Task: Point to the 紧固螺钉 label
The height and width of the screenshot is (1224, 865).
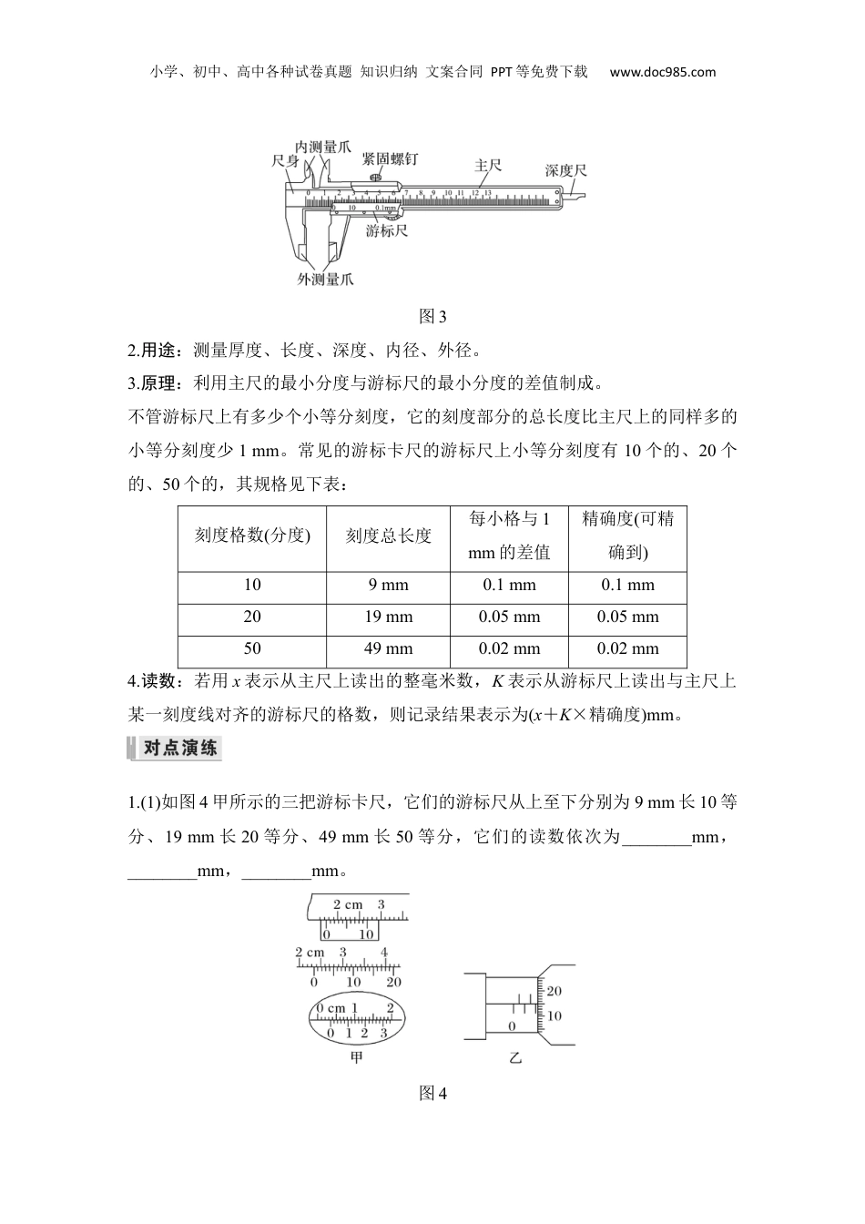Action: [390, 158]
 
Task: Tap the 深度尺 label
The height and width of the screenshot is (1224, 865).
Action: [565, 170]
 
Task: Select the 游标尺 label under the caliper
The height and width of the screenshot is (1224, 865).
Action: [387, 230]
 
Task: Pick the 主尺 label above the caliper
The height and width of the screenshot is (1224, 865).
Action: [488, 166]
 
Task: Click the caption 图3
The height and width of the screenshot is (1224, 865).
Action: [432, 316]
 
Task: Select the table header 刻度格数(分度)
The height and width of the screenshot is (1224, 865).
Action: [252, 535]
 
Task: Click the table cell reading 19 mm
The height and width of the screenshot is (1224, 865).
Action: [389, 617]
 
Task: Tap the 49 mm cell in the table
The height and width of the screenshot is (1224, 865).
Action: [389, 648]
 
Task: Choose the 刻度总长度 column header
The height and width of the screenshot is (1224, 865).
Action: [389, 535]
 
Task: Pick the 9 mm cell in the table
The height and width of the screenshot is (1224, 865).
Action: [389, 585]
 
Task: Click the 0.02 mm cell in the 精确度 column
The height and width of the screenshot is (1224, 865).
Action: [627, 648]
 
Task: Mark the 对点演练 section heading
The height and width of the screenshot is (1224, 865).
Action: [179, 748]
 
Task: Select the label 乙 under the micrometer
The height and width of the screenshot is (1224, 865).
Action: [516, 1058]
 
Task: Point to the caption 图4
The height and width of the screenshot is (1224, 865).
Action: [432, 1094]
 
